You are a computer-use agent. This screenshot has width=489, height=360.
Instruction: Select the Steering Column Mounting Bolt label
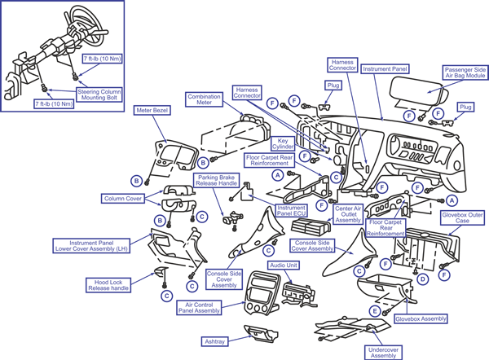(x=99, y=92)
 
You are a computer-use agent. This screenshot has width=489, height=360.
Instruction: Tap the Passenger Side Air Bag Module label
(x=465, y=74)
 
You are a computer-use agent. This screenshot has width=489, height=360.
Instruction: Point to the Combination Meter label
(x=205, y=100)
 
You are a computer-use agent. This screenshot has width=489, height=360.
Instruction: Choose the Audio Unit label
(x=284, y=265)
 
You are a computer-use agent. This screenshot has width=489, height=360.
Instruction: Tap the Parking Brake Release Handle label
(x=215, y=180)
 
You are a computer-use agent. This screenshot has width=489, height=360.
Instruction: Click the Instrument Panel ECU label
(x=291, y=211)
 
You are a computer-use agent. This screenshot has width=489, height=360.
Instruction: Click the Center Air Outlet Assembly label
(x=348, y=214)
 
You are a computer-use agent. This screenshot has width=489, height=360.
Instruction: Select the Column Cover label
(x=123, y=198)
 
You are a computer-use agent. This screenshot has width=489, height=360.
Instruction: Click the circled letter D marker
(x=422, y=279)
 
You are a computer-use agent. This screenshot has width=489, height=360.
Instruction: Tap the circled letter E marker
(x=375, y=310)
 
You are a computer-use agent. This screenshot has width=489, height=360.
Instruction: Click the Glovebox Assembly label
(x=421, y=319)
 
